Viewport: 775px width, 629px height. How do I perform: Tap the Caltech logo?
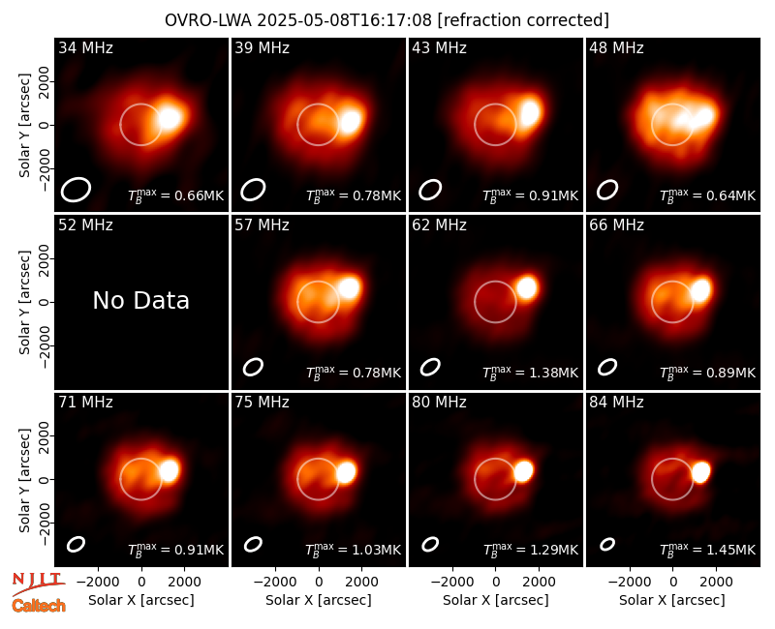point(39,606)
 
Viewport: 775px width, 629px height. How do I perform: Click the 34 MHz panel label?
point(85,47)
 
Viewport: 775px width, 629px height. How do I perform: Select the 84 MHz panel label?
point(616,403)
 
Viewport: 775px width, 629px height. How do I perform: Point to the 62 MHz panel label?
point(440,225)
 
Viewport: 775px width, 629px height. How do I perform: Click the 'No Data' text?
point(141,301)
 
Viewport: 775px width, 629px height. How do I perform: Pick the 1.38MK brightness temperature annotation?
point(530,372)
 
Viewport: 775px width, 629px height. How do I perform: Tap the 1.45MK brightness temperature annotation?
point(708,549)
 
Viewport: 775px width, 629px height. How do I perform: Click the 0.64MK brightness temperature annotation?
point(708,195)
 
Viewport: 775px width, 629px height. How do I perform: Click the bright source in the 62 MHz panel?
point(527,287)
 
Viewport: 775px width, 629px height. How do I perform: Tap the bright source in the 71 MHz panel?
point(169,470)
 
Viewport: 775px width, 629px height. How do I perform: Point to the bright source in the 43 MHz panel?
point(530,112)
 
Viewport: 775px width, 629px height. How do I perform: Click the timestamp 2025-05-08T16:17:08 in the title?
point(345,20)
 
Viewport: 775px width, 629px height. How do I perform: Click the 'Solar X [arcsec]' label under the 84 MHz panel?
point(672,600)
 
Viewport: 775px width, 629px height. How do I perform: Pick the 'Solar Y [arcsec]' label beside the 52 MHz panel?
point(25,302)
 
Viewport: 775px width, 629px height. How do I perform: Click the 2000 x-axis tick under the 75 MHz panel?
point(361,583)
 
